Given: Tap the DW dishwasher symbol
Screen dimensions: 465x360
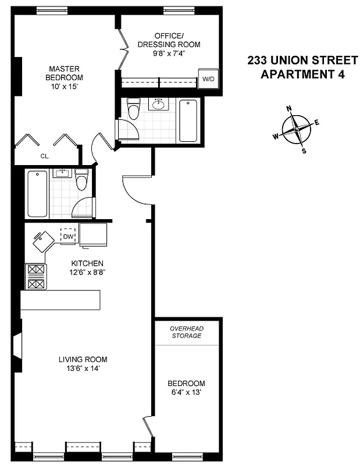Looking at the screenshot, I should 68,236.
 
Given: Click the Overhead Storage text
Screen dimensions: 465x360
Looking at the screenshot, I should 186,332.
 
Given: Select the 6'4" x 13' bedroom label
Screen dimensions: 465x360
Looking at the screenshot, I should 186,388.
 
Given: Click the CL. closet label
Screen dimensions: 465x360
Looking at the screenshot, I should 45,156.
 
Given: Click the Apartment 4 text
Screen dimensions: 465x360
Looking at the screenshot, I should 302,74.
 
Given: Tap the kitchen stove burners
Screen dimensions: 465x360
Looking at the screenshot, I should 36,277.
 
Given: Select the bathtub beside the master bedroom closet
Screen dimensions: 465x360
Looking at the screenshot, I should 37,193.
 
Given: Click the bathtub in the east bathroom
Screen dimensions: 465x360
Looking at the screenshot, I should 188,120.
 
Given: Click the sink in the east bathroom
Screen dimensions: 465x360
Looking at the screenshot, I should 157,105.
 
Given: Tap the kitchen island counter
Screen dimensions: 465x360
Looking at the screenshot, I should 60,299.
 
